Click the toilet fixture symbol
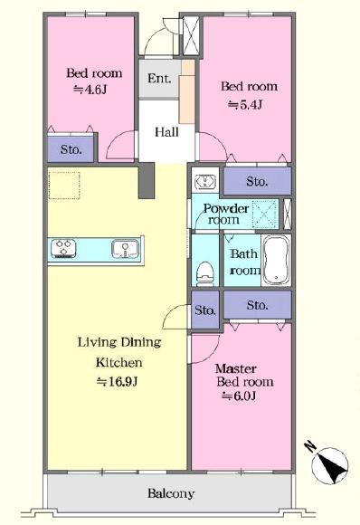pos(204,273)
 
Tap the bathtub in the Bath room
pos(276,260)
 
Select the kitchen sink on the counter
pos(125,249)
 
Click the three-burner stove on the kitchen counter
pos(63,249)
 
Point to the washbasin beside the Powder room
pos(205,182)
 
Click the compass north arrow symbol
pos(329,464)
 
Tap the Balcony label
pos(171,493)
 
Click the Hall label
pos(166,131)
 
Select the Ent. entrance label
pos(159,79)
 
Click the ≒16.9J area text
pos(117,382)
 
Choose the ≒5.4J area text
pos(245,105)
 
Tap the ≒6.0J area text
pos(239,396)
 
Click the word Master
pos(236,368)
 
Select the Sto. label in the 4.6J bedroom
pos(71,149)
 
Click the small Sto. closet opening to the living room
pos(205,310)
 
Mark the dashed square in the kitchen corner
pos(64,186)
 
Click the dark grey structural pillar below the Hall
pos(147,181)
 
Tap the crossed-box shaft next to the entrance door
pos(192,36)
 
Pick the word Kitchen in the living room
pos(119,362)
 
